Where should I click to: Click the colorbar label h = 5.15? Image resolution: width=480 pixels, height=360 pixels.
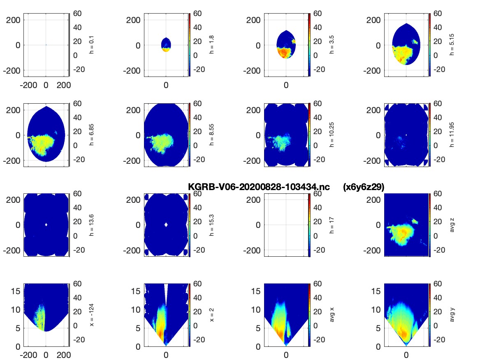(x=452, y=45)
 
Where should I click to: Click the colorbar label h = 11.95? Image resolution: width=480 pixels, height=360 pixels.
(x=452, y=135)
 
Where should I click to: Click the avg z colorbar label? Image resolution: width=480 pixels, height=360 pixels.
(x=452, y=225)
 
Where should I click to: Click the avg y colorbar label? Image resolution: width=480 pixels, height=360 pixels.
(x=452, y=315)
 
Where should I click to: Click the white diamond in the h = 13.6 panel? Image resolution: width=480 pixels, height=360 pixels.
(x=46, y=225)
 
